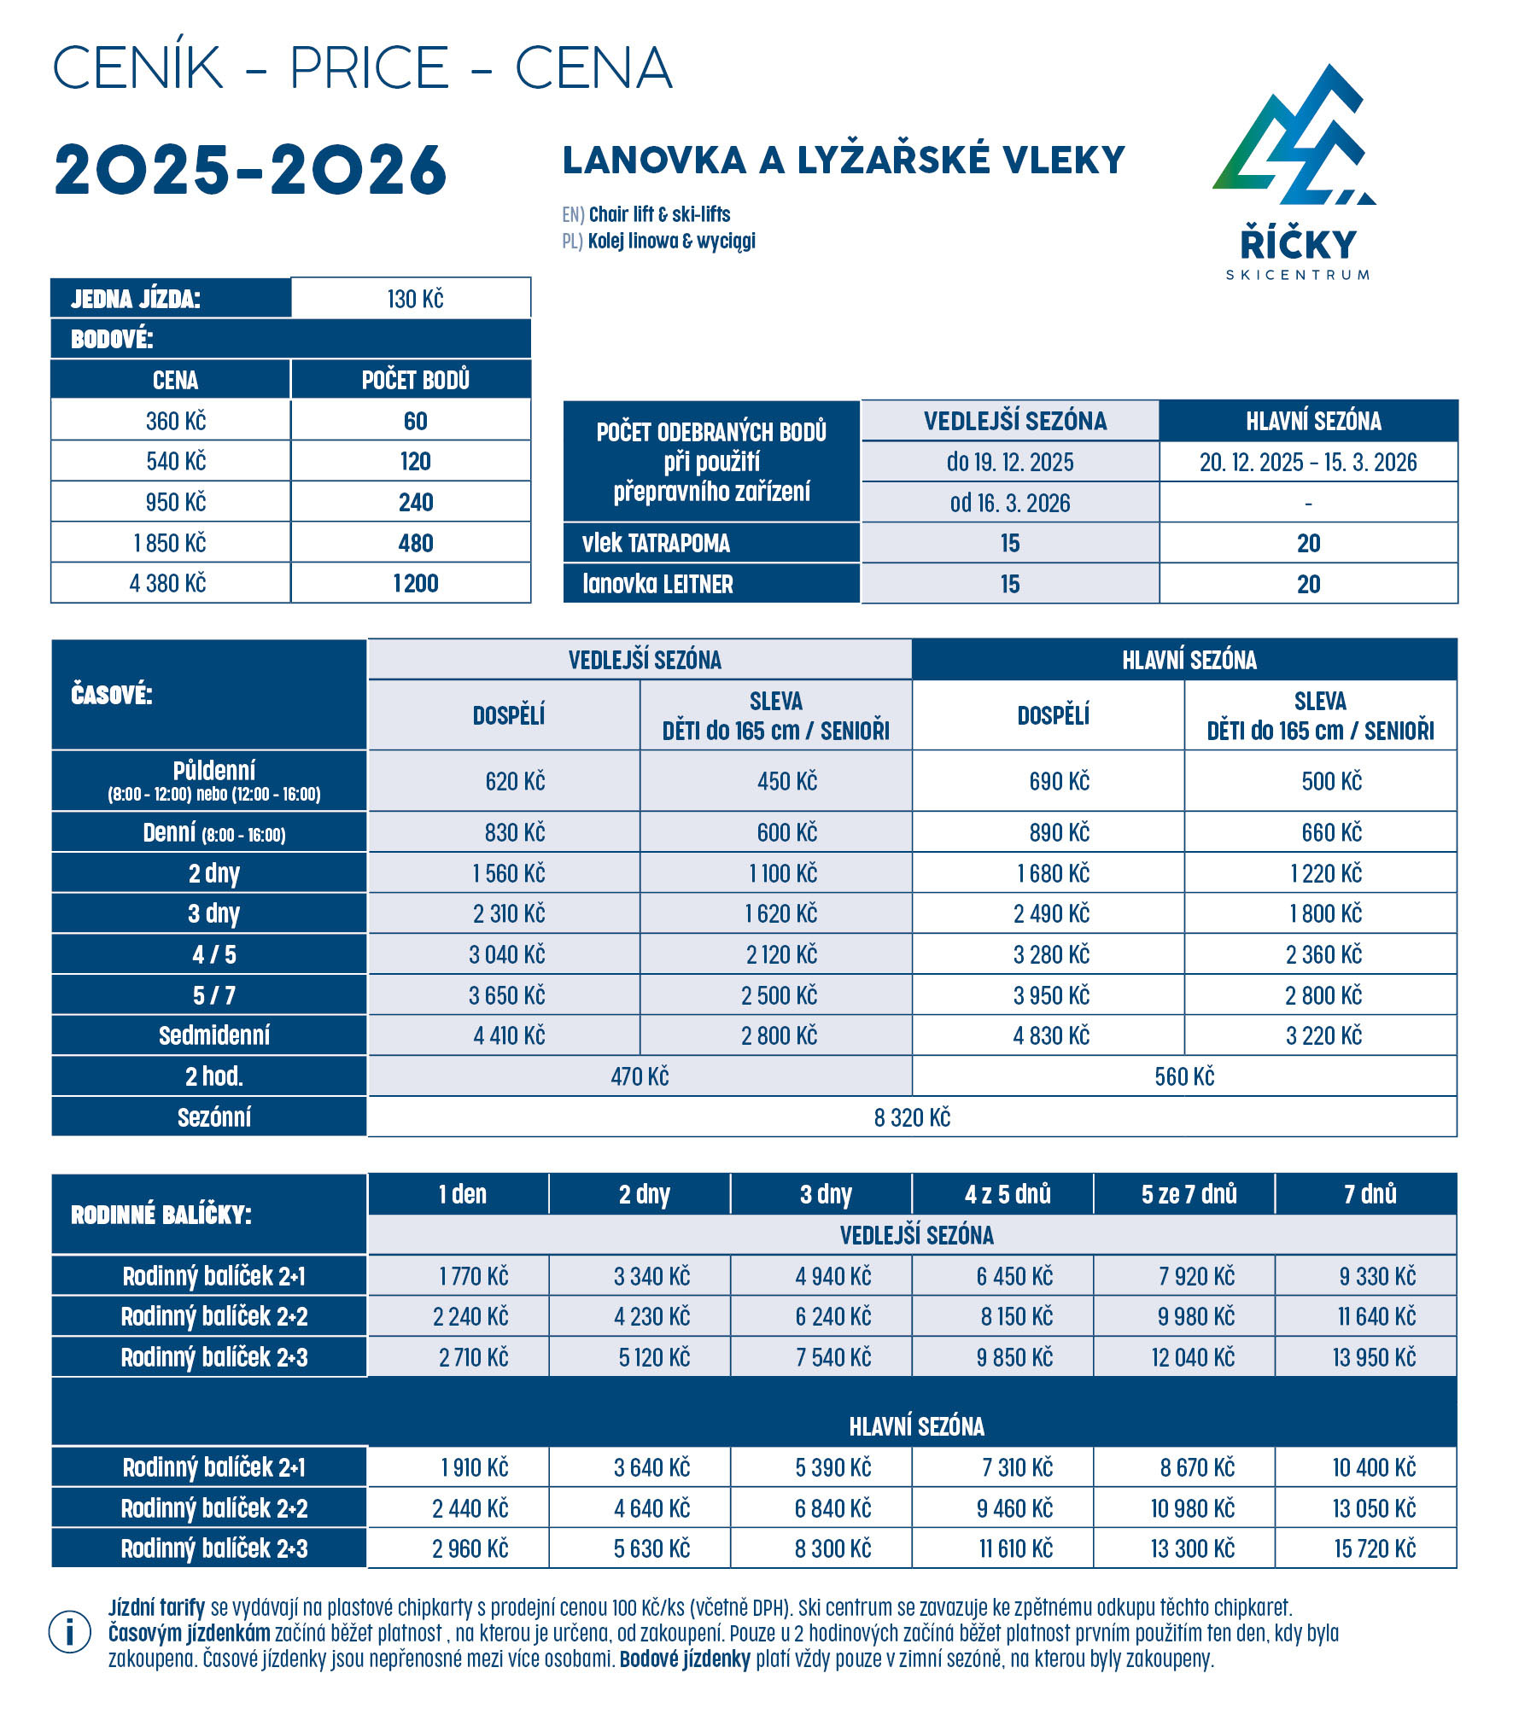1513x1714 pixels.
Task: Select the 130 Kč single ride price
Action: pyautogui.click(x=415, y=299)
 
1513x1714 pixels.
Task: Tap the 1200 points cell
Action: pyautogui.click(x=415, y=584)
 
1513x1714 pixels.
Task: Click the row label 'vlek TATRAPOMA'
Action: pyautogui.click(x=656, y=544)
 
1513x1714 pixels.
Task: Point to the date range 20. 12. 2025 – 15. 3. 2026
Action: pyautogui.click(x=1307, y=463)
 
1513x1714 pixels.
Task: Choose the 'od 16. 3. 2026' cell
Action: pyautogui.click(x=1009, y=504)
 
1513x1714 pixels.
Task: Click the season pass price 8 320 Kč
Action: pyautogui.click(x=911, y=1118)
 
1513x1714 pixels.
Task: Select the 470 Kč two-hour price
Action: pyautogui.click(x=640, y=1077)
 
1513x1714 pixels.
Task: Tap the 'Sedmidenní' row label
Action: pyautogui.click(x=213, y=1036)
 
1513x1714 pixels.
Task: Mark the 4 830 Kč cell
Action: pyautogui.click(x=1051, y=1036)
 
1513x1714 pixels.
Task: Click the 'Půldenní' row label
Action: pyautogui.click(x=213, y=771)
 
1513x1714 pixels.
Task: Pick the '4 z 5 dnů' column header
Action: pyautogui.click(x=1008, y=1194)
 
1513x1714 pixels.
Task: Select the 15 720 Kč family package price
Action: pyautogui.click(x=1374, y=1549)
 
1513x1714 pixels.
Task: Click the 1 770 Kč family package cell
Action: pyautogui.click(x=473, y=1277)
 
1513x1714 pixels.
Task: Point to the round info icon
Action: pyautogui.click(x=70, y=1633)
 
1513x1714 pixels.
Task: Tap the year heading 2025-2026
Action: pyautogui.click(x=250, y=170)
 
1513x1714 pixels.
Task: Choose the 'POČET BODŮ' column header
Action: pyautogui.click(x=415, y=380)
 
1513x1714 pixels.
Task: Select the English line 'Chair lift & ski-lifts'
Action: pyautogui.click(x=659, y=214)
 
